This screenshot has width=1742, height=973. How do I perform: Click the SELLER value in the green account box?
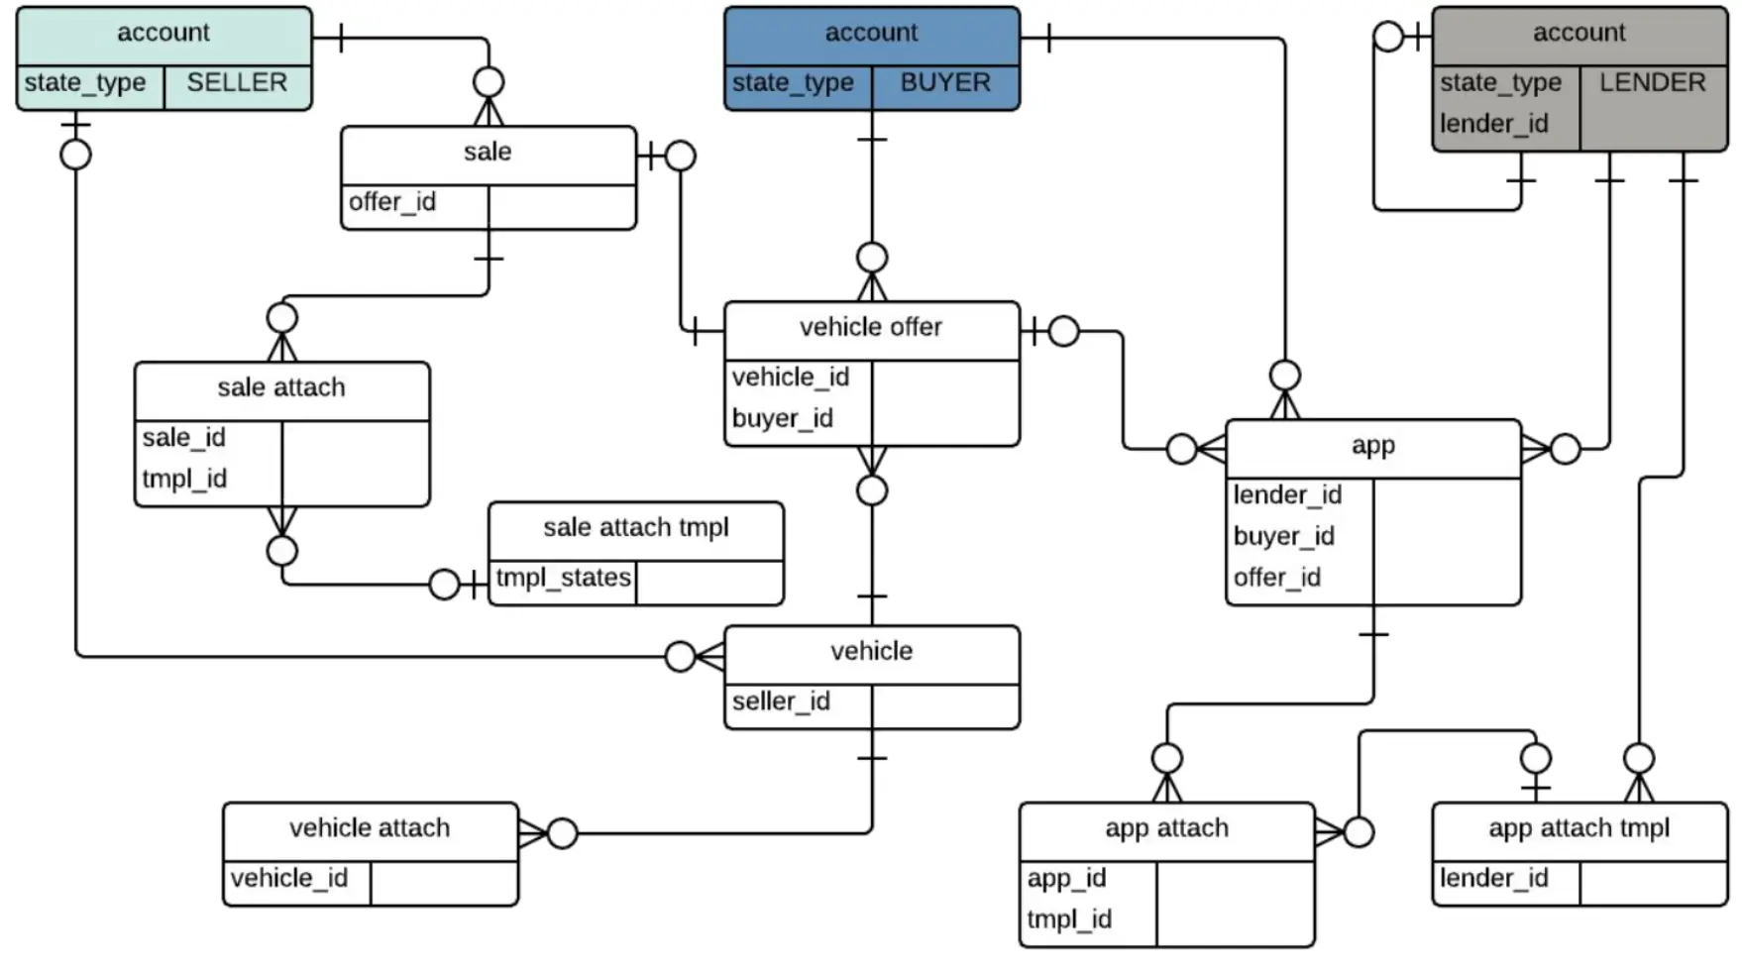tap(237, 82)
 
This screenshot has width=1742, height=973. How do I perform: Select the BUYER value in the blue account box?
tap(945, 82)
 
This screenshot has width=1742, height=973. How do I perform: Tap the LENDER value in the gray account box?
tap(1653, 82)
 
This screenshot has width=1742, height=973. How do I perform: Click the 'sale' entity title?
tap(488, 152)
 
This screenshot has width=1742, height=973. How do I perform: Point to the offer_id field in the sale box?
tap(392, 202)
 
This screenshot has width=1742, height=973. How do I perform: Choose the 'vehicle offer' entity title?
tap(871, 327)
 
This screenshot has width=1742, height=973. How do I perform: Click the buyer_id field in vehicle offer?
tap(783, 418)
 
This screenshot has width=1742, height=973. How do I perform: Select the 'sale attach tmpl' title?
tap(636, 527)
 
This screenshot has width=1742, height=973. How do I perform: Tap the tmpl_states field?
tap(563, 578)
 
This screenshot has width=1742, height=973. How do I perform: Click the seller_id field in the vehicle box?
tap(781, 702)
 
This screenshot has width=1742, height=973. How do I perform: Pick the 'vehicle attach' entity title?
tap(370, 828)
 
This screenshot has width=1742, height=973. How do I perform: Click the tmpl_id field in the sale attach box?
tap(184, 479)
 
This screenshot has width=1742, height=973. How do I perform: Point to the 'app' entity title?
tap(1373, 446)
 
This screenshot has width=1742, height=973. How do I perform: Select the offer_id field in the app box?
tap(1277, 578)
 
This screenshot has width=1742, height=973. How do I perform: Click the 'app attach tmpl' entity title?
tap(1579, 828)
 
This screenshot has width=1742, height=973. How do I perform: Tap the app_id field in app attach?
tap(1066, 879)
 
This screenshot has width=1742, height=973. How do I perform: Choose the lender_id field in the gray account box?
tap(1494, 124)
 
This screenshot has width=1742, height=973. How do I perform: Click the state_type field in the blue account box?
tap(793, 82)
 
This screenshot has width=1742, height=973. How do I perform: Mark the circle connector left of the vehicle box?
tap(680, 656)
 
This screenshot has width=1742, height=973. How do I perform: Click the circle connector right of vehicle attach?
tap(562, 833)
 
